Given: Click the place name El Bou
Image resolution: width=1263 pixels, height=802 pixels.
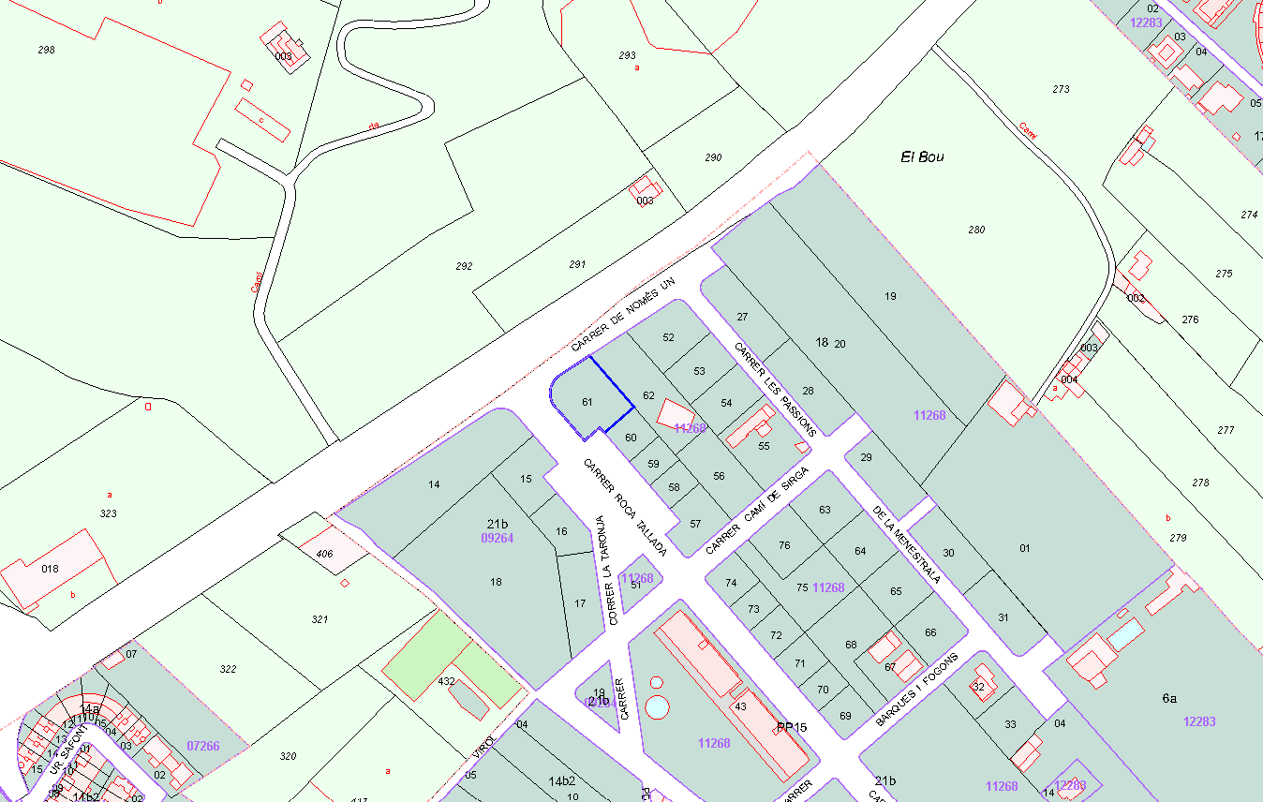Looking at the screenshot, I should pyautogui.click(x=922, y=156).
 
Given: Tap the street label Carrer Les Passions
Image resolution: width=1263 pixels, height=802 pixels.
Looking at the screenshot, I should pyautogui.click(x=775, y=389).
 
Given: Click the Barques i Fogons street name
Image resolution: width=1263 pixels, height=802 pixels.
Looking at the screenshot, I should pyautogui.click(x=916, y=691).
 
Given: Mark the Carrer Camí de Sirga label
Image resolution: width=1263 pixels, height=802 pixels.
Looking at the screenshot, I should pyautogui.click(x=756, y=510).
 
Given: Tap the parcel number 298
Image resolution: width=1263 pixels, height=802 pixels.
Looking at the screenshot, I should pyautogui.click(x=46, y=49).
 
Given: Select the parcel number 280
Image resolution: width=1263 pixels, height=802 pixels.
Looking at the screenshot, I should pyautogui.click(x=976, y=230).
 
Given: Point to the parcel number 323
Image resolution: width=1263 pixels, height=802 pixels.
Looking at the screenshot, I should pyautogui.click(x=109, y=513).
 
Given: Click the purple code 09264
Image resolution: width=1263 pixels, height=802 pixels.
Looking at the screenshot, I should pyautogui.click(x=497, y=539).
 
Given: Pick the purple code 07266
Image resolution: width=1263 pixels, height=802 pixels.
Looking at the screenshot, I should pyautogui.click(x=203, y=746).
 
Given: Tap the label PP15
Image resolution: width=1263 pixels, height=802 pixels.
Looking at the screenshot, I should pyautogui.click(x=792, y=727).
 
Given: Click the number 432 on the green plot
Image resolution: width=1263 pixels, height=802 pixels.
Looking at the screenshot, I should pyautogui.click(x=446, y=682).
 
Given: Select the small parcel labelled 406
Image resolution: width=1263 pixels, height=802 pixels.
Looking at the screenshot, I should pyautogui.click(x=324, y=554).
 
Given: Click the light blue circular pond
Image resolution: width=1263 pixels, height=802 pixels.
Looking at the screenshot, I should pyautogui.click(x=658, y=705).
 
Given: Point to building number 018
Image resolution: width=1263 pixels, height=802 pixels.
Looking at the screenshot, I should pyautogui.click(x=50, y=569).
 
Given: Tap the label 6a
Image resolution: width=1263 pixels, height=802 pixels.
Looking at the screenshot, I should pyautogui.click(x=1169, y=698).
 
